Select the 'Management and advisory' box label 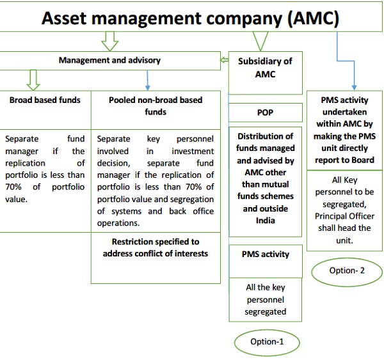point(109,61)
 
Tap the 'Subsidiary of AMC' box point(264,68)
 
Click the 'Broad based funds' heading point(45,100)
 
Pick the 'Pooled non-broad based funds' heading point(156,106)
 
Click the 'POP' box point(265,113)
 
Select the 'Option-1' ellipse point(267,342)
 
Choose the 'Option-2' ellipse point(347,270)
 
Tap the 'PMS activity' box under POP point(265,254)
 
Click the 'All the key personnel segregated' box point(265,299)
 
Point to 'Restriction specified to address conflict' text point(156,247)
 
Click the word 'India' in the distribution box point(266,221)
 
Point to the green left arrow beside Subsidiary point(225,61)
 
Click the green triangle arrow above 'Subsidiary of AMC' point(259,42)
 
